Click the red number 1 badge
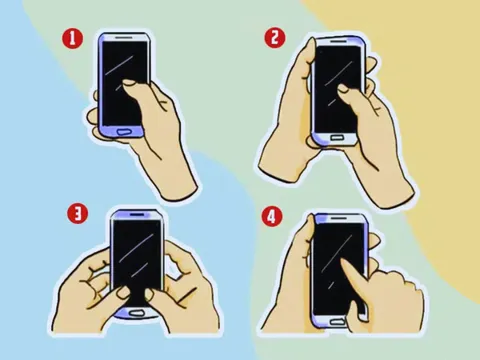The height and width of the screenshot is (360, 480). (72, 39)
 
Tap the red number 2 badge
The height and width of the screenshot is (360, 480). (275, 38)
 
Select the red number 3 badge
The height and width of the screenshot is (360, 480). (77, 214)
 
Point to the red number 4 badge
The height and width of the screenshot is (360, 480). (272, 217)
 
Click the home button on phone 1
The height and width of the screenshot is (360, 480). (126, 132)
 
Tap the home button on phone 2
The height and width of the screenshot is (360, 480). (336, 137)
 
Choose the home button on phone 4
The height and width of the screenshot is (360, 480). (337, 322)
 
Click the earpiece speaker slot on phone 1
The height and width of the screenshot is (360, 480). (124, 38)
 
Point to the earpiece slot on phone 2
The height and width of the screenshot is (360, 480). (338, 41)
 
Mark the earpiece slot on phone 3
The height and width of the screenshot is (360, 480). (137, 215)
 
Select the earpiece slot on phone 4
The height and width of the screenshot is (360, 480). (339, 218)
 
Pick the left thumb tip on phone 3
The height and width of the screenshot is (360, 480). (124, 292)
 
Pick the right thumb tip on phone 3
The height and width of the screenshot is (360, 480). (150, 293)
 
